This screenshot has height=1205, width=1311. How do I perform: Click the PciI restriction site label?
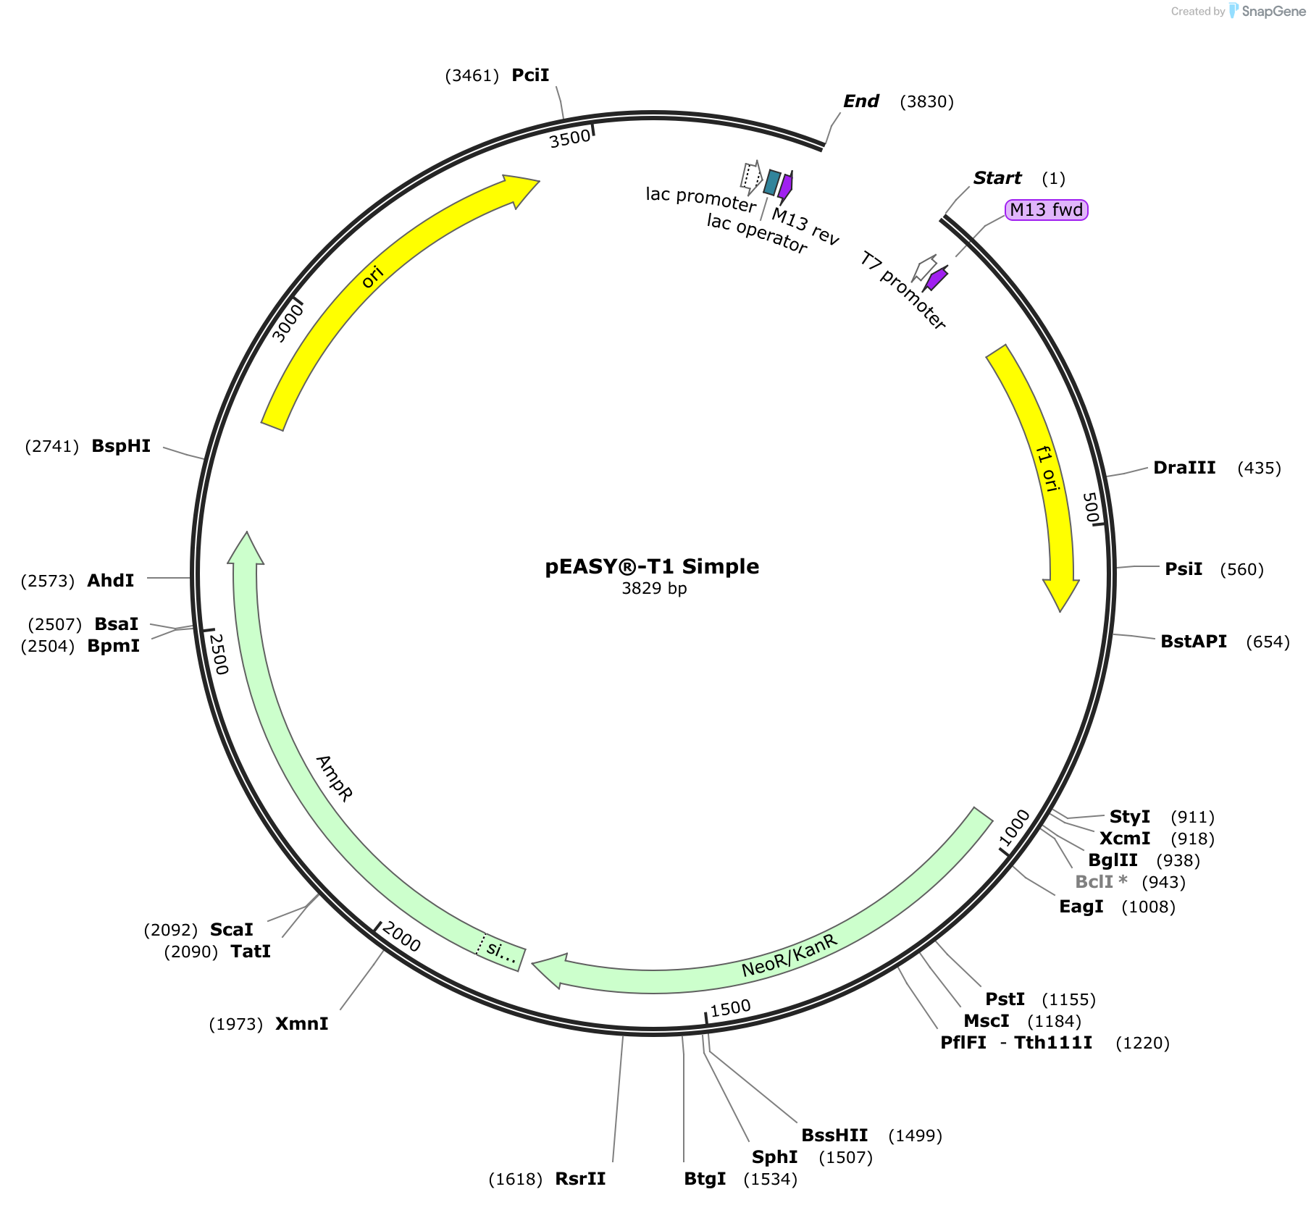click(530, 75)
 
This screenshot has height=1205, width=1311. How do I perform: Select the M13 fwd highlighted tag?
click(1047, 210)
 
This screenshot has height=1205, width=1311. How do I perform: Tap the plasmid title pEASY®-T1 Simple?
click(652, 566)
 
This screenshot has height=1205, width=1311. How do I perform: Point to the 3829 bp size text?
click(654, 588)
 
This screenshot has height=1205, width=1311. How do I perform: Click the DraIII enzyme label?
click(1184, 468)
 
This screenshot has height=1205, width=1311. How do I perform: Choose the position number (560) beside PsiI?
click(1241, 570)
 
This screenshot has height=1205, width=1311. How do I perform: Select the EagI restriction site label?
click(1081, 907)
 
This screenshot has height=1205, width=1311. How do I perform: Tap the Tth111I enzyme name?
click(1053, 1043)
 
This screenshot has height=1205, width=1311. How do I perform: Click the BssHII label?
click(834, 1135)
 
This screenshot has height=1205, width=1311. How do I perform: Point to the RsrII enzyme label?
click(580, 1179)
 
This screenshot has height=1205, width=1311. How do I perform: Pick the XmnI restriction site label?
click(301, 1024)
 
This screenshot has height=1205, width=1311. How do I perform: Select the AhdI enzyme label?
click(110, 581)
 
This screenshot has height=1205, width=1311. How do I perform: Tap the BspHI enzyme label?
click(121, 446)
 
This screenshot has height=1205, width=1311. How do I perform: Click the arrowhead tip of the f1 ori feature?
click(1060, 611)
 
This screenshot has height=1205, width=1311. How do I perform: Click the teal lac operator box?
click(772, 182)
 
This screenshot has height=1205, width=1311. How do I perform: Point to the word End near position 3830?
click(861, 101)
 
